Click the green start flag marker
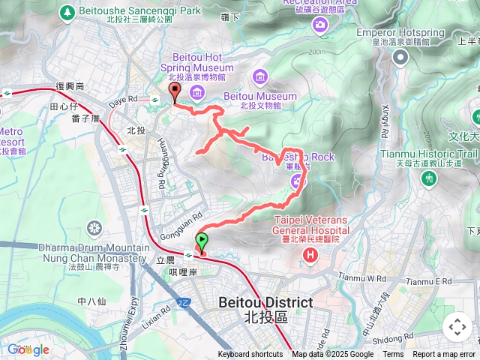tap(202, 241)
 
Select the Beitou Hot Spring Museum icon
tap(197, 92)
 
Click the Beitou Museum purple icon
tap(260, 76)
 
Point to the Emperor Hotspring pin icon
tap(400, 58)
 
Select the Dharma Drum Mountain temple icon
tap(94, 228)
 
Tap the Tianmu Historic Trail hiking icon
tap(428, 178)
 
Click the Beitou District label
tap(265, 302)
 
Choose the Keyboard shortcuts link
tap(250, 355)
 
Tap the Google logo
tap(28, 349)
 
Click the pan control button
tap(457, 327)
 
